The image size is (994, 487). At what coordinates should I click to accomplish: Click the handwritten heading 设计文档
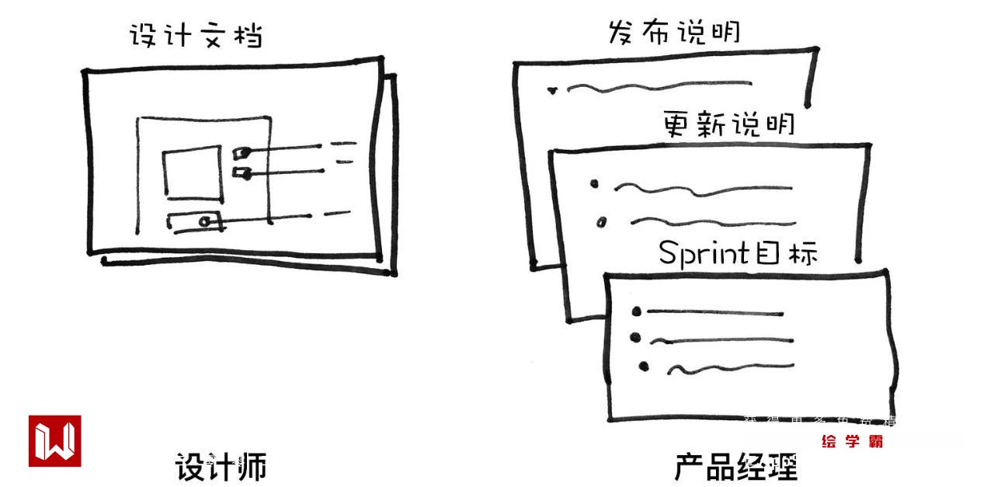195,34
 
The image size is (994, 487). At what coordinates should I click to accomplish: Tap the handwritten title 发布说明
673,32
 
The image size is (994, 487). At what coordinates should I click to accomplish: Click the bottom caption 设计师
220,467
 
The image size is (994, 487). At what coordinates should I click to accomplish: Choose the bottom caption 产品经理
735,468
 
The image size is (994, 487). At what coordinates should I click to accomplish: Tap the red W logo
55,441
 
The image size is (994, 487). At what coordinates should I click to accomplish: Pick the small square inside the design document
192,174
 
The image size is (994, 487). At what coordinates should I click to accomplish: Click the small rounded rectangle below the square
194,221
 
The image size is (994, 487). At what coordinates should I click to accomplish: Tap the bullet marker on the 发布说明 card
552,90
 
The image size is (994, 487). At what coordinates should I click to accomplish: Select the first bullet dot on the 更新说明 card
595,184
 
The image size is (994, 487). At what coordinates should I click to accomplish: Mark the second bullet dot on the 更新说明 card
600,223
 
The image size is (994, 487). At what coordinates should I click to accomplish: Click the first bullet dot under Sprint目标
637,312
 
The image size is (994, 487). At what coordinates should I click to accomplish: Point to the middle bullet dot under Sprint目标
635,338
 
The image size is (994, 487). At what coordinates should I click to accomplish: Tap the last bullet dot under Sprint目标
643,366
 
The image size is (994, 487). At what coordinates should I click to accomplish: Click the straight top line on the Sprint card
714,313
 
